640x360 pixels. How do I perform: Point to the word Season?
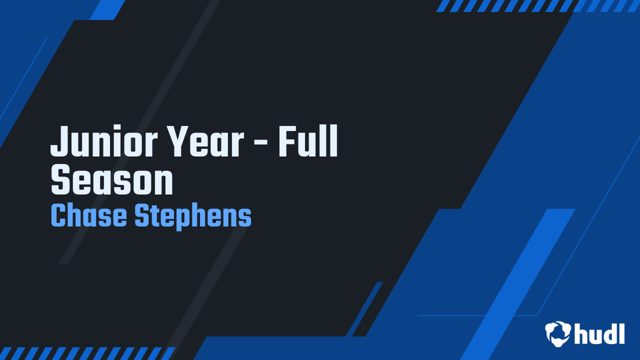coord(112,180)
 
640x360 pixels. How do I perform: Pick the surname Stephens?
coord(193,216)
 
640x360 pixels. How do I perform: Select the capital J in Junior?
coord(59,141)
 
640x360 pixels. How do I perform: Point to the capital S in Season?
coord(60,180)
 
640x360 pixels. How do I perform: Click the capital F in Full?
coord(287,141)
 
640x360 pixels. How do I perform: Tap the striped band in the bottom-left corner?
coord(87,353)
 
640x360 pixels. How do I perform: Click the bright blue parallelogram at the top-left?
coord(107,10)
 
